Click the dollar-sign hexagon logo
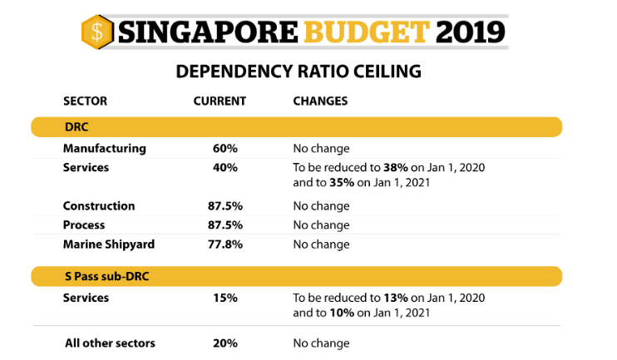click(x=97, y=32)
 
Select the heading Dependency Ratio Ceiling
click(x=299, y=72)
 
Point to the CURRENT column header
click(x=220, y=101)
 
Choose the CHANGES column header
click(x=320, y=101)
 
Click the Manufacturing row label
click(x=104, y=149)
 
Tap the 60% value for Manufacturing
click(x=225, y=149)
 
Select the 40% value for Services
click(x=225, y=167)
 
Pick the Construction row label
click(x=99, y=206)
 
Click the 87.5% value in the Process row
click(x=225, y=225)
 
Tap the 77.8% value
click(x=225, y=244)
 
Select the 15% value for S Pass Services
click(x=225, y=298)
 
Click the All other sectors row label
click(x=110, y=343)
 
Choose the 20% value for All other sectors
click(x=225, y=343)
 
